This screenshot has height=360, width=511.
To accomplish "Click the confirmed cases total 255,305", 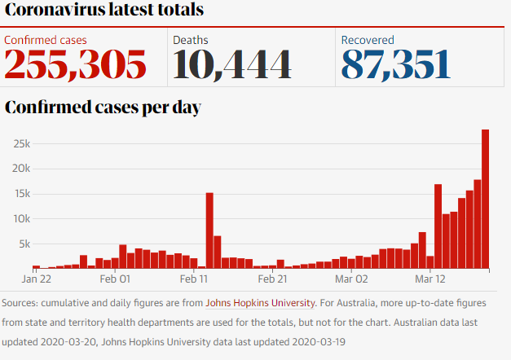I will pyautogui.click(x=76, y=64).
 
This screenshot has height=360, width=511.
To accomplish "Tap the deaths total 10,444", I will pyautogui.click(x=231, y=64).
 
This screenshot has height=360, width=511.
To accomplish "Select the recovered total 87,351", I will pyautogui.click(x=395, y=64).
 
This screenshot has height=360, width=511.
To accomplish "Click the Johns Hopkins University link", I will pyautogui.click(x=260, y=303).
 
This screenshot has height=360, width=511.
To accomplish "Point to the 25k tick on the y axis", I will pyautogui.click(x=20, y=144).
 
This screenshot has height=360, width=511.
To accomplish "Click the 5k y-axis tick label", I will pyautogui.click(x=22, y=244).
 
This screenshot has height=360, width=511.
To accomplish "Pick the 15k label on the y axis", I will pyautogui.click(x=20, y=194).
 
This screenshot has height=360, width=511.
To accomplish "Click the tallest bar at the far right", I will pyautogui.click(x=485, y=199).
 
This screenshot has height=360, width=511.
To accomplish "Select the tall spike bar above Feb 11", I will pyautogui.click(x=209, y=230).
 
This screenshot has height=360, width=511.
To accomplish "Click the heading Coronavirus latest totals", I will pyautogui.click(x=104, y=11).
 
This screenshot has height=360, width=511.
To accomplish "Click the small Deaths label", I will pyautogui.click(x=191, y=39).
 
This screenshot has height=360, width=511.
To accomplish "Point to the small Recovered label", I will pyautogui.click(x=368, y=39).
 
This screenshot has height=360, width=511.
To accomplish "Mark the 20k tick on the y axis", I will pyautogui.click(x=20, y=169).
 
